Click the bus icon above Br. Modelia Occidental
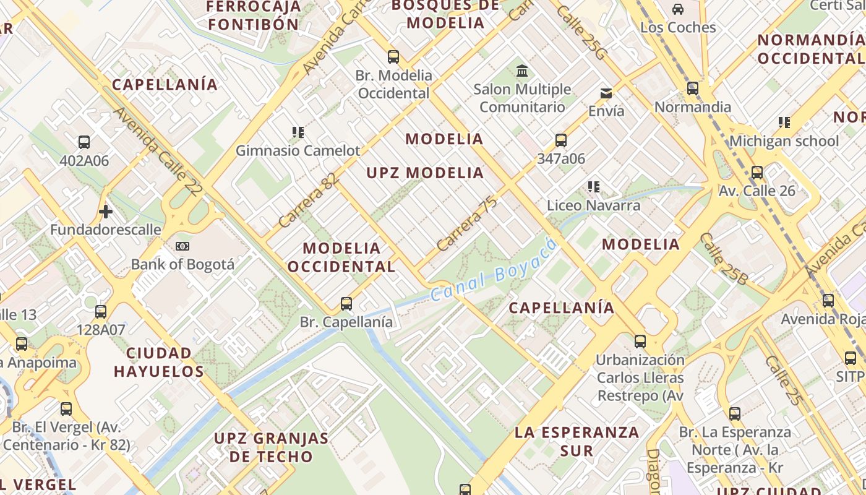(x=393, y=57)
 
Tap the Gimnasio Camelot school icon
(x=298, y=132)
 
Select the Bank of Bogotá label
(x=182, y=265)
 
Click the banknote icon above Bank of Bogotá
(x=182, y=246)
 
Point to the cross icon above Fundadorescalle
(x=106, y=212)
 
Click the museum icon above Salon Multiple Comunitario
(x=521, y=71)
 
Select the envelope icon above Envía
(x=606, y=93)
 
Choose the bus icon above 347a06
(x=561, y=140)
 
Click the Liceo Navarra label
(x=593, y=205)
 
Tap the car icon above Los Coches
(x=678, y=9)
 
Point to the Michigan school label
(x=784, y=141)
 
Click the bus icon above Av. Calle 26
(x=757, y=173)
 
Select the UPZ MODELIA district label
(x=425, y=173)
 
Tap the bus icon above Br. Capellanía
(x=346, y=304)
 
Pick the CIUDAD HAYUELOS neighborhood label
(x=159, y=362)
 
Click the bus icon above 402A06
(x=84, y=142)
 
